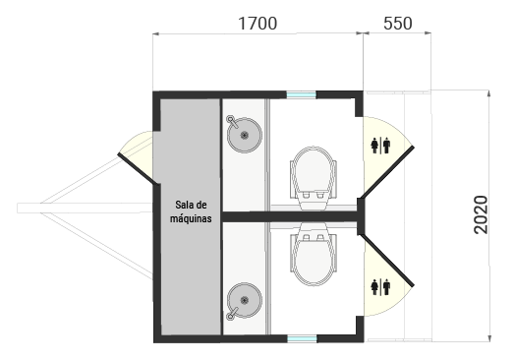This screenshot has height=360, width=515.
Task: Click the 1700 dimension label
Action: [x=257, y=23]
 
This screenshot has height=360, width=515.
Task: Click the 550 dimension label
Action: [x=397, y=23]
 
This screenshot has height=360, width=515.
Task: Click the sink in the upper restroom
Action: [x=243, y=135]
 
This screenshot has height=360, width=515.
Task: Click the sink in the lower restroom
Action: [x=243, y=298]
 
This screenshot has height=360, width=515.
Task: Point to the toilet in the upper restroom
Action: [x=315, y=172]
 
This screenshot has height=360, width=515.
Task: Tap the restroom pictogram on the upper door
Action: [x=382, y=145]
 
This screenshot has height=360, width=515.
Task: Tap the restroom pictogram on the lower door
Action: [x=382, y=287]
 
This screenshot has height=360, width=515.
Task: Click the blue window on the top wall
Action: [x=301, y=94]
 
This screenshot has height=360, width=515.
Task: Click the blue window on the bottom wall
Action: [x=301, y=338]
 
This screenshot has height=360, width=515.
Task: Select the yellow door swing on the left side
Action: [x=137, y=156]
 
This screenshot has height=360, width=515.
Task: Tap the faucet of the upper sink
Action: [x=231, y=120]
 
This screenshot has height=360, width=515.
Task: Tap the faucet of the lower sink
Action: [x=231, y=314]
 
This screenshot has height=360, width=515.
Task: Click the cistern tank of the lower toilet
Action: [x=315, y=236]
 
